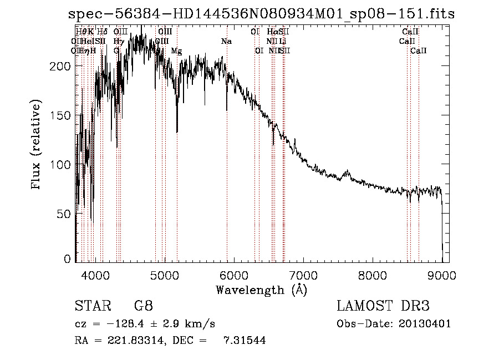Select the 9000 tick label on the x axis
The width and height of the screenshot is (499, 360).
(442, 275)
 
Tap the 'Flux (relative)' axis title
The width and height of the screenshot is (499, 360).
(37, 145)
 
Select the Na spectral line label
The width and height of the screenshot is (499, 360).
(226, 42)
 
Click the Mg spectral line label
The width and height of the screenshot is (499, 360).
(176, 51)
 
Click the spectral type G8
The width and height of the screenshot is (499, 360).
(143, 306)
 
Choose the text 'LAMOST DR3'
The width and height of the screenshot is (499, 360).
(383, 306)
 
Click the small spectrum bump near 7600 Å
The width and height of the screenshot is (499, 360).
(348, 173)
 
